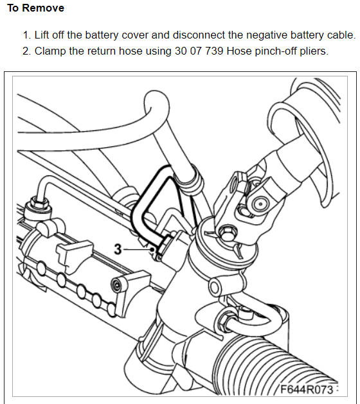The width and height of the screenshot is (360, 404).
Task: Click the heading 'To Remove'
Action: pos(35,8)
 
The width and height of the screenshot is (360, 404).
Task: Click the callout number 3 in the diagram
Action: pos(118,249)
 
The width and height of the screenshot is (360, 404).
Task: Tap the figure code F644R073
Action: pos(307,389)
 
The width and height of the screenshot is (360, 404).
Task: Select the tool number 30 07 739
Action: pos(199,51)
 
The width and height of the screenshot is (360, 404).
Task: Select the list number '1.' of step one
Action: pos(27,35)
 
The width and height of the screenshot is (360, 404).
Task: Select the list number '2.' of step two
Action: pos(27,51)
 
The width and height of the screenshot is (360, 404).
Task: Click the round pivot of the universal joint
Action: pos(260,204)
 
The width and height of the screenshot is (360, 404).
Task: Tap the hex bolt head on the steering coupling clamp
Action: pos(226,232)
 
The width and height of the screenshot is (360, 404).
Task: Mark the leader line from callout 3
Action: pos(138,249)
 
